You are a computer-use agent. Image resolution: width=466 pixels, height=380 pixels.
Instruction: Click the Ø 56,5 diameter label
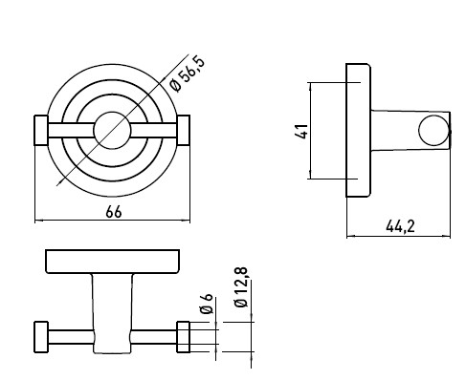point(188,74)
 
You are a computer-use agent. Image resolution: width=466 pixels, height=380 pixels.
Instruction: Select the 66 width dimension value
point(114,212)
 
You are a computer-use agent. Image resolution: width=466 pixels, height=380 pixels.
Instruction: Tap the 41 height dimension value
point(301,131)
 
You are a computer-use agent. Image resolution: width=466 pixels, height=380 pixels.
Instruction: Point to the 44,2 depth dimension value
point(400,226)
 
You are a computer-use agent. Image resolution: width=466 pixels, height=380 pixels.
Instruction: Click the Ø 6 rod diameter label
point(207,304)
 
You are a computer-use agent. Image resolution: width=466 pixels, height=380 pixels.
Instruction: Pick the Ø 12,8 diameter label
point(241,287)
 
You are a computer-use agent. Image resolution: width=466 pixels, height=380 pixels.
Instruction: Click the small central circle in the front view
point(112,131)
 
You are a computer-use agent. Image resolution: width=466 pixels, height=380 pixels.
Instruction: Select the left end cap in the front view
point(41,131)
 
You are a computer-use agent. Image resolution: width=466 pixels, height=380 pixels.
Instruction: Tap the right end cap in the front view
point(184,130)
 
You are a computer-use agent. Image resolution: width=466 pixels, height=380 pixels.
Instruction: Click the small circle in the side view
point(433,131)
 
